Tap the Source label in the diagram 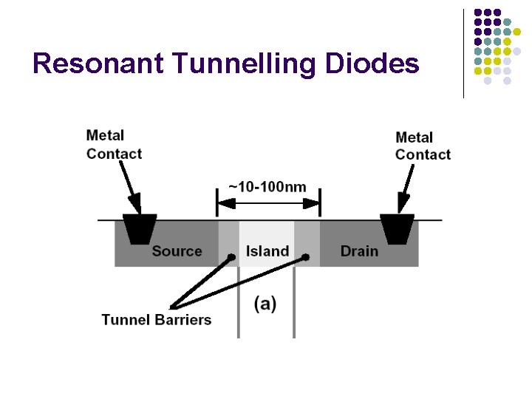(177, 251)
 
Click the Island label (267, 251)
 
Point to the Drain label (359, 251)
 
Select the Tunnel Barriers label (157, 320)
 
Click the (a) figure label (265, 304)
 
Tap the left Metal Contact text (114, 145)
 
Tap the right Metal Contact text (423, 146)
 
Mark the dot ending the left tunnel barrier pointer (232, 257)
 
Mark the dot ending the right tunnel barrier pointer (304, 258)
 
